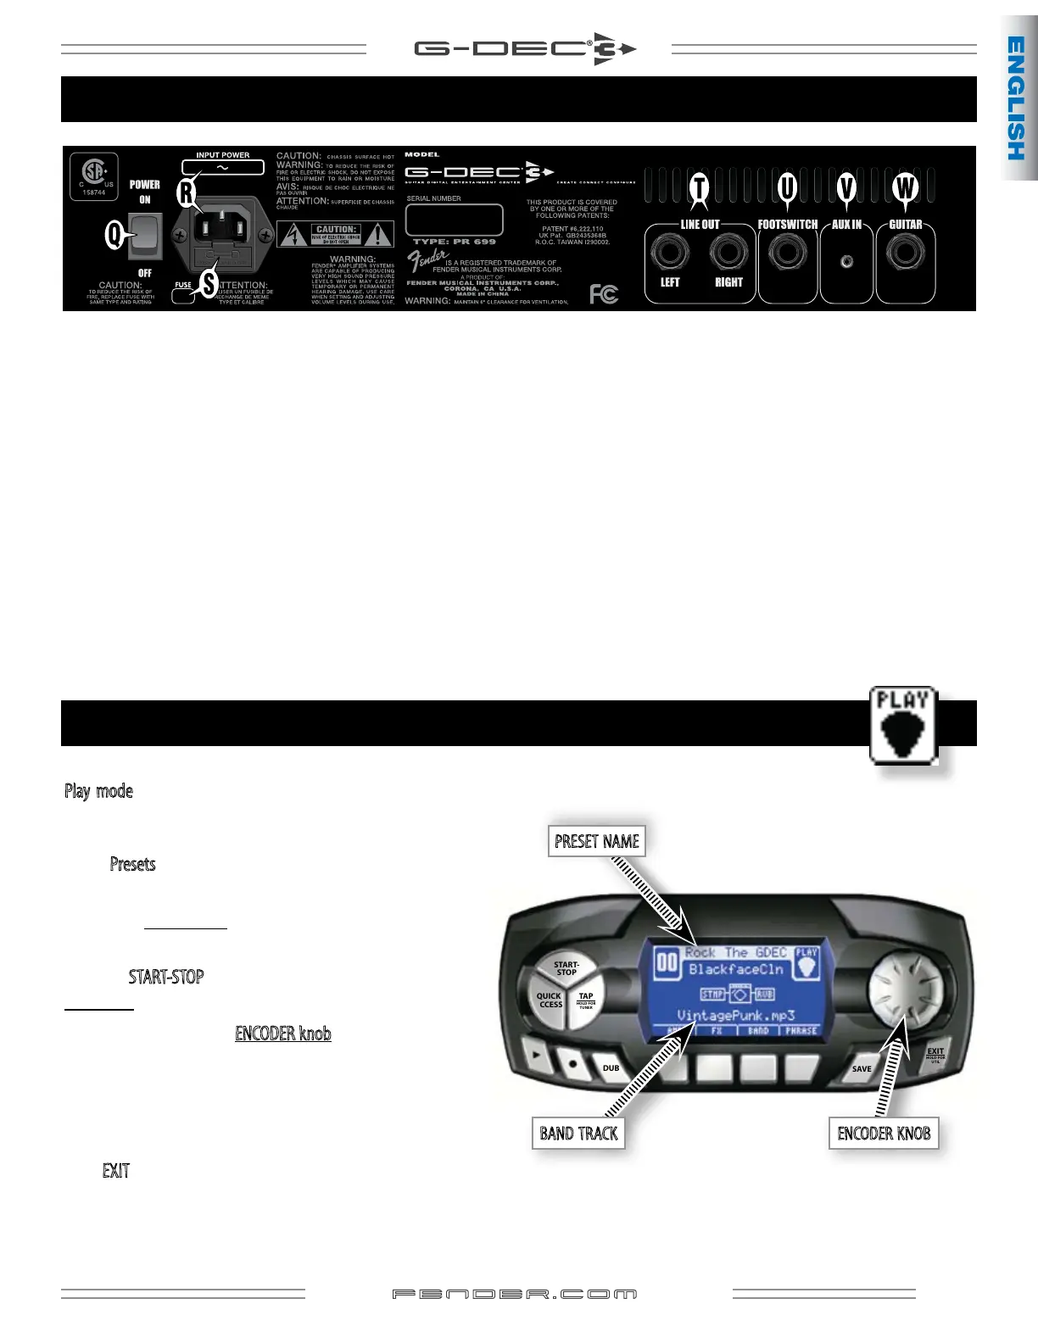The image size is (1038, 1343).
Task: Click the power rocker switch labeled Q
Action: point(145,236)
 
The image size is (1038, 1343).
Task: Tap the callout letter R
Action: point(186,193)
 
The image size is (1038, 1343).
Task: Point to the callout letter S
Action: point(209,284)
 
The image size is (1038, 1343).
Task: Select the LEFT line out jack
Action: point(670,253)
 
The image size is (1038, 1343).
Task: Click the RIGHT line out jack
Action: point(728,253)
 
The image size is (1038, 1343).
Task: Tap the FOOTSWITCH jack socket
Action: point(787,253)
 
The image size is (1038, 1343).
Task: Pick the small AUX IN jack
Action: point(846,262)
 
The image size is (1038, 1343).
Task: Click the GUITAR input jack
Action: point(906,253)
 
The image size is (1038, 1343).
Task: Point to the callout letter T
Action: point(699,187)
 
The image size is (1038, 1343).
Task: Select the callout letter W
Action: point(906,187)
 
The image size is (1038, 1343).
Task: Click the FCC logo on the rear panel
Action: point(604,294)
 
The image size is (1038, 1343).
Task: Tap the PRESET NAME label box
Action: point(597,841)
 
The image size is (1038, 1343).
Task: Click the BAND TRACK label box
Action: point(578,1134)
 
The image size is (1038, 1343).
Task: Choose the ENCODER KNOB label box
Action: point(884,1134)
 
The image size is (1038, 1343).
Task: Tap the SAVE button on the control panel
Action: point(861,1069)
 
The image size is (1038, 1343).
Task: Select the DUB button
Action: point(611,1068)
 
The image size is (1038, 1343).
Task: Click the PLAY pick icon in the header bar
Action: point(903,725)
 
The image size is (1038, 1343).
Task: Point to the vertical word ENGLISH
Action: point(1016,98)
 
